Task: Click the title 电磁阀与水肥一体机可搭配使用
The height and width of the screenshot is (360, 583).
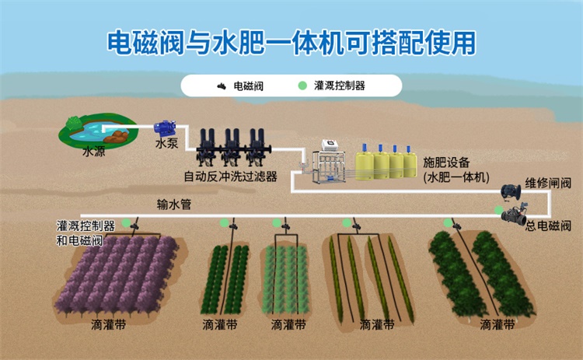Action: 291,43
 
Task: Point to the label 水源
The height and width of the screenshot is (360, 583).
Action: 93,152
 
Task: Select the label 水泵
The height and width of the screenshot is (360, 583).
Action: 166,144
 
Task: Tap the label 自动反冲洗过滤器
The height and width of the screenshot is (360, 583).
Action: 230,177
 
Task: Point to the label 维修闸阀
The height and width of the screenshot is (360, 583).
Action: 547,183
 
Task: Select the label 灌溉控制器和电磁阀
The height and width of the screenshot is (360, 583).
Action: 86,232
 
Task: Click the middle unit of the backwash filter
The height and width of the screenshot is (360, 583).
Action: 231,146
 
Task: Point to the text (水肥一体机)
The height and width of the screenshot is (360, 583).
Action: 457,177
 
